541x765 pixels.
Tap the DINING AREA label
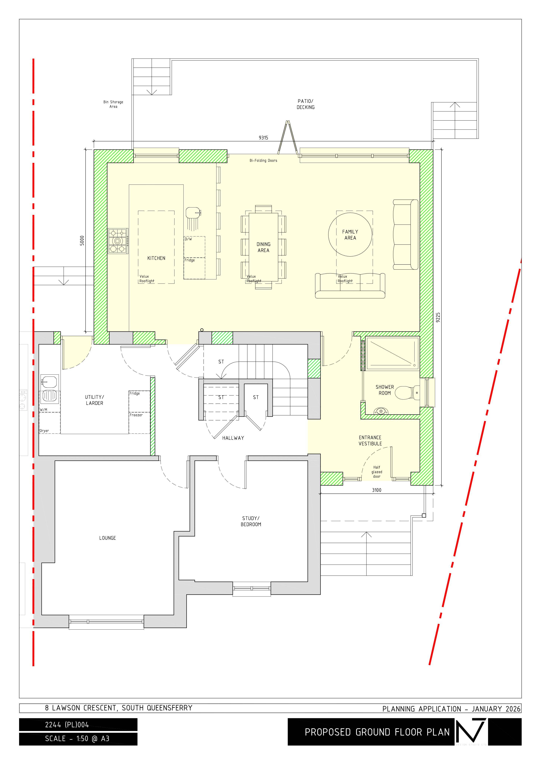coord(263,247)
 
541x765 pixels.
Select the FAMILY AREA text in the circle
coord(350,235)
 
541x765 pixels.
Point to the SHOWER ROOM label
coord(385,390)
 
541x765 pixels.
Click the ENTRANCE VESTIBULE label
coord(370,440)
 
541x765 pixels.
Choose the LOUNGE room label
coord(107,538)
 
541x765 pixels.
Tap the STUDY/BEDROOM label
coord(251,521)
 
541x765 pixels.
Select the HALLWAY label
coord(233,438)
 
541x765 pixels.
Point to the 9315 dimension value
coord(263,138)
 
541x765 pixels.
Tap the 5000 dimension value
coord(82,241)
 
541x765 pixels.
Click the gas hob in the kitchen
coord(118,241)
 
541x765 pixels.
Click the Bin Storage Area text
coord(113,104)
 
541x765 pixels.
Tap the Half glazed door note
coord(377,472)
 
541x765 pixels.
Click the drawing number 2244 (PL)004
coord(67,724)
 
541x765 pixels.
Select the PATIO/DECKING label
coord(305,104)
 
